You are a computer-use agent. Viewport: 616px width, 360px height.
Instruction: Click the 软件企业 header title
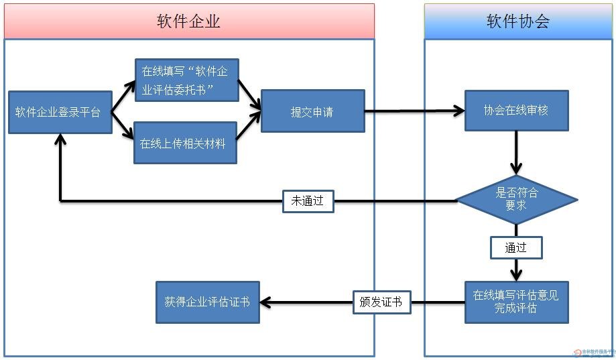click(188, 21)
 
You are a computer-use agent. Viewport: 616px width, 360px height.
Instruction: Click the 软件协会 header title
click(517, 21)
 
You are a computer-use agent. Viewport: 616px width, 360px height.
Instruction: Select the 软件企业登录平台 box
click(59, 112)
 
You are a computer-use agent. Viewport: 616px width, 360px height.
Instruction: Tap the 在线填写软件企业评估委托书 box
click(186, 80)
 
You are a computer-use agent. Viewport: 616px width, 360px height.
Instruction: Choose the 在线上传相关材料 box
click(185, 143)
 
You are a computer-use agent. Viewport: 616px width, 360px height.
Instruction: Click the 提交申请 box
click(312, 111)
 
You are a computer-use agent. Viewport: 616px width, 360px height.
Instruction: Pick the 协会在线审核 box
click(516, 111)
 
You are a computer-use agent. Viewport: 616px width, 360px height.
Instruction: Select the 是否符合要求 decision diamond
click(516, 200)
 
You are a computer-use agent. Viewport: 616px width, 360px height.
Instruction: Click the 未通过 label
click(308, 201)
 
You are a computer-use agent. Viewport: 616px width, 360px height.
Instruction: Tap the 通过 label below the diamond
click(515, 248)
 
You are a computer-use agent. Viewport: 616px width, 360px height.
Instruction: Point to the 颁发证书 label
click(381, 302)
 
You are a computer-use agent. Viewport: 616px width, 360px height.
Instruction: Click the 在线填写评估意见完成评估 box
click(516, 302)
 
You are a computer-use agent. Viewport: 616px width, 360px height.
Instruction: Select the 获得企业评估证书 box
click(207, 302)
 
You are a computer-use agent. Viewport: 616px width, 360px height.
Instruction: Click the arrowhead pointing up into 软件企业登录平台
click(60, 139)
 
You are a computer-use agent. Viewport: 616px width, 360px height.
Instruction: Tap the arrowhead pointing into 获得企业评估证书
click(265, 302)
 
